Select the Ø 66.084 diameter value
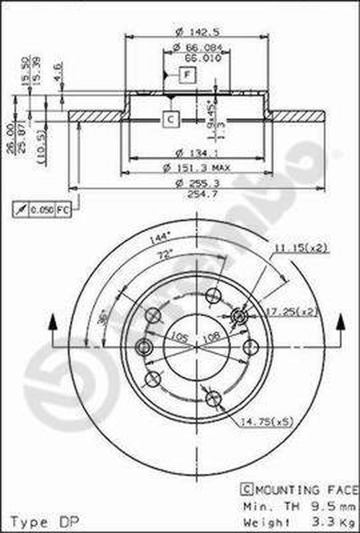[197, 48]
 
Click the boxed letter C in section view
[170, 119]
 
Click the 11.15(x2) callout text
[299, 249]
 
